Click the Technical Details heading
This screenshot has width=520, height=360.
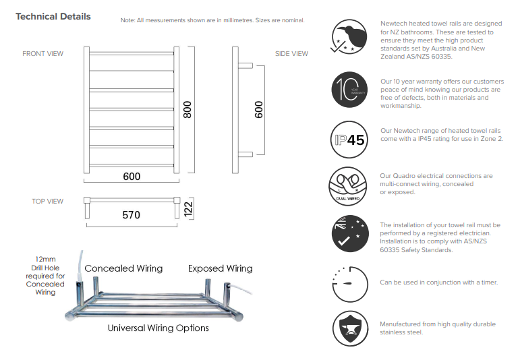[53, 16]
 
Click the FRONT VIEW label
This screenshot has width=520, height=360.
[43, 53]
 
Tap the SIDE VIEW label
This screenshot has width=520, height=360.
[291, 54]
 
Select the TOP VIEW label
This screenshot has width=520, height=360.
[48, 201]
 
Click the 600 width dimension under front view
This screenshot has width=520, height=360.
[132, 176]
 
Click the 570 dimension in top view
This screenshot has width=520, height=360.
[132, 215]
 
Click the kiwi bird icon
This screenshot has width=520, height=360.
[350, 36]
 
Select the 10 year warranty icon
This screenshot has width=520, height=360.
[350, 89]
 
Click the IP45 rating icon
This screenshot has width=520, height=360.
[350, 140]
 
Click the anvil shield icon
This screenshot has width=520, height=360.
[350, 328]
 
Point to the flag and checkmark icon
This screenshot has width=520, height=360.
[350, 233]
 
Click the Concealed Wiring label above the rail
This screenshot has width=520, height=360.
[123, 268]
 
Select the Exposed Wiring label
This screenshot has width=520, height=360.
[220, 268]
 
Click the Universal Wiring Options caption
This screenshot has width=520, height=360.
[158, 328]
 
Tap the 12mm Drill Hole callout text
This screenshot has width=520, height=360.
[45, 275]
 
